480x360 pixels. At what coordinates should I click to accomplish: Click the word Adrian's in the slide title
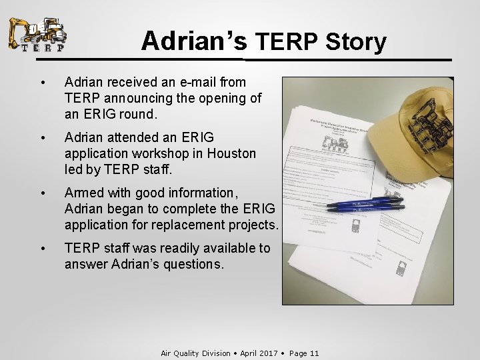[x=194, y=41]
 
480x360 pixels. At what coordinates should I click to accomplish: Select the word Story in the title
[x=356, y=42]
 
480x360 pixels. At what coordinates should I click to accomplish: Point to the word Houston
[x=231, y=153]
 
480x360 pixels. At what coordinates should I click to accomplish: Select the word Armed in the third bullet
[x=84, y=193]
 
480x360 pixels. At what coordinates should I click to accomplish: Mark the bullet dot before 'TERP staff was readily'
[x=43, y=249]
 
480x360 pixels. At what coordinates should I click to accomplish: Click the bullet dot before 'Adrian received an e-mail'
[x=43, y=83]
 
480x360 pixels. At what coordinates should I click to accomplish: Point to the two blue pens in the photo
[x=365, y=204]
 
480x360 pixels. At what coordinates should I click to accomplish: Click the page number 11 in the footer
[x=313, y=353]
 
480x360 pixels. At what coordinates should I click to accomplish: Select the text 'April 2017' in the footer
[x=258, y=353]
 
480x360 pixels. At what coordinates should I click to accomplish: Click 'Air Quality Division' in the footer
[x=195, y=353]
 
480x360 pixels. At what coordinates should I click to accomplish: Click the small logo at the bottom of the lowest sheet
[x=401, y=269]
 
